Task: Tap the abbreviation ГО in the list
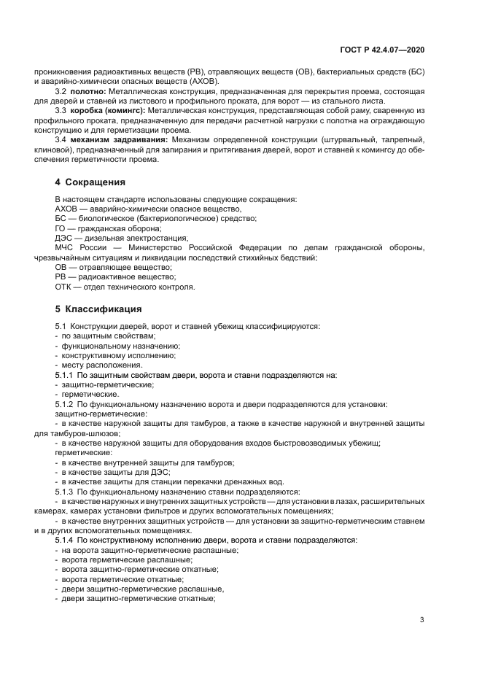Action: [61, 228]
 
